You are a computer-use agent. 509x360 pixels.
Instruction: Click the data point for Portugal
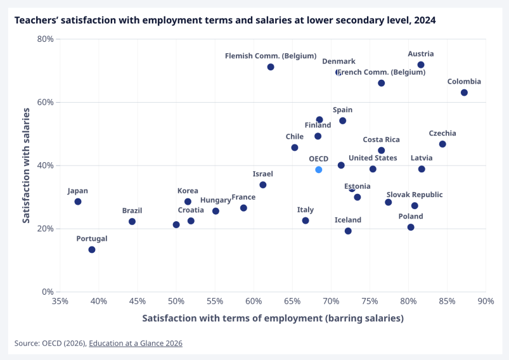(x=92, y=250)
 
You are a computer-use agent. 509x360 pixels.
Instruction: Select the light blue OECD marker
(x=319, y=169)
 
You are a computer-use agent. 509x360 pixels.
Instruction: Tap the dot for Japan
(x=78, y=202)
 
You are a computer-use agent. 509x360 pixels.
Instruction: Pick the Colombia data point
(x=464, y=93)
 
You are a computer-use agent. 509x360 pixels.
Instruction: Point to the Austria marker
(x=421, y=65)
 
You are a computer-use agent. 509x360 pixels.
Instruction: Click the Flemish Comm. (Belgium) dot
(x=271, y=67)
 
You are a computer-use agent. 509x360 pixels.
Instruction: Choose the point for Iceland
(x=348, y=231)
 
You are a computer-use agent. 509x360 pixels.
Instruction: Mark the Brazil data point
(x=132, y=221)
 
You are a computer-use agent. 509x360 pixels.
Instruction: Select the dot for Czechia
(x=442, y=144)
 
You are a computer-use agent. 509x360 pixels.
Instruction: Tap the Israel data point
(x=263, y=184)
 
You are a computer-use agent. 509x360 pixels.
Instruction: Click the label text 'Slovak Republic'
(x=415, y=195)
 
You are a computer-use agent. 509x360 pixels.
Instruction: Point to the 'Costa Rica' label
(x=381, y=139)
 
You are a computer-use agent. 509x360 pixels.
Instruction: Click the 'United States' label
(x=373, y=158)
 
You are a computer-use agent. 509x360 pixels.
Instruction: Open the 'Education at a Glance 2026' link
(x=136, y=343)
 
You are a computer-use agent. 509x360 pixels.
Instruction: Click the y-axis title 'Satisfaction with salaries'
(x=26, y=165)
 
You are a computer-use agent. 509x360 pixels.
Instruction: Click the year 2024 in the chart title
(x=425, y=20)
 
